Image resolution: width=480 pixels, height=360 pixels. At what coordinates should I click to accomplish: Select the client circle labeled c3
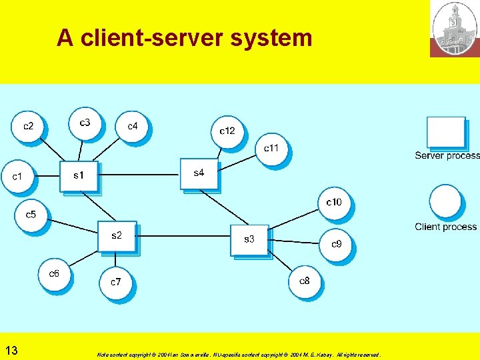[x=85, y=123]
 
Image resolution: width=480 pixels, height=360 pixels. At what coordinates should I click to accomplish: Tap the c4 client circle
[x=133, y=126]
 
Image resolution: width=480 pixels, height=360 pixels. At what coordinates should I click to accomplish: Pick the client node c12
[x=227, y=131]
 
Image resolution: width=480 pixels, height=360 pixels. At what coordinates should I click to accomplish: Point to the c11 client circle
[x=271, y=148]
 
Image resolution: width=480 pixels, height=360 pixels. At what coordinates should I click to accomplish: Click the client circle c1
[x=17, y=177]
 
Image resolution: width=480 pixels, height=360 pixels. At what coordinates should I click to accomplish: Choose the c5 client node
[x=31, y=215]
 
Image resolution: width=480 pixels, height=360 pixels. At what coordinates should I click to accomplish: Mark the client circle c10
[x=334, y=202]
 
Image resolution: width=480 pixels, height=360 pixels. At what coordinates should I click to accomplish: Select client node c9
[x=337, y=244]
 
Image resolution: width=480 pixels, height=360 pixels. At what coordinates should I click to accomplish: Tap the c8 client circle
[x=305, y=281]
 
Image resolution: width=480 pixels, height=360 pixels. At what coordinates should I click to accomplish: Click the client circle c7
[x=116, y=282]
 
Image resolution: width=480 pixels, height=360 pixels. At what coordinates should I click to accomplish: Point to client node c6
[x=54, y=274]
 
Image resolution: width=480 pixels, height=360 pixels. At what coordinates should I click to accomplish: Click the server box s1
[x=79, y=176]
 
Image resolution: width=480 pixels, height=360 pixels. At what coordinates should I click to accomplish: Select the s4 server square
[x=199, y=173]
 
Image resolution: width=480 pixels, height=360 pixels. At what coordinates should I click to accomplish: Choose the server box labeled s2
[x=117, y=236]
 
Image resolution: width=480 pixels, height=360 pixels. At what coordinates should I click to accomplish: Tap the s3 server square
[x=249, y=239]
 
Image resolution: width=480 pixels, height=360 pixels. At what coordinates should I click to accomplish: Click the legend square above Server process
[x=445, y=133]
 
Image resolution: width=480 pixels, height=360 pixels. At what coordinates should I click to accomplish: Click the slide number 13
[x=11, y=350]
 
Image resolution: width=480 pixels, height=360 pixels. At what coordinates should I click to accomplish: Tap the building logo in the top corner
[x=455, y=28]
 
